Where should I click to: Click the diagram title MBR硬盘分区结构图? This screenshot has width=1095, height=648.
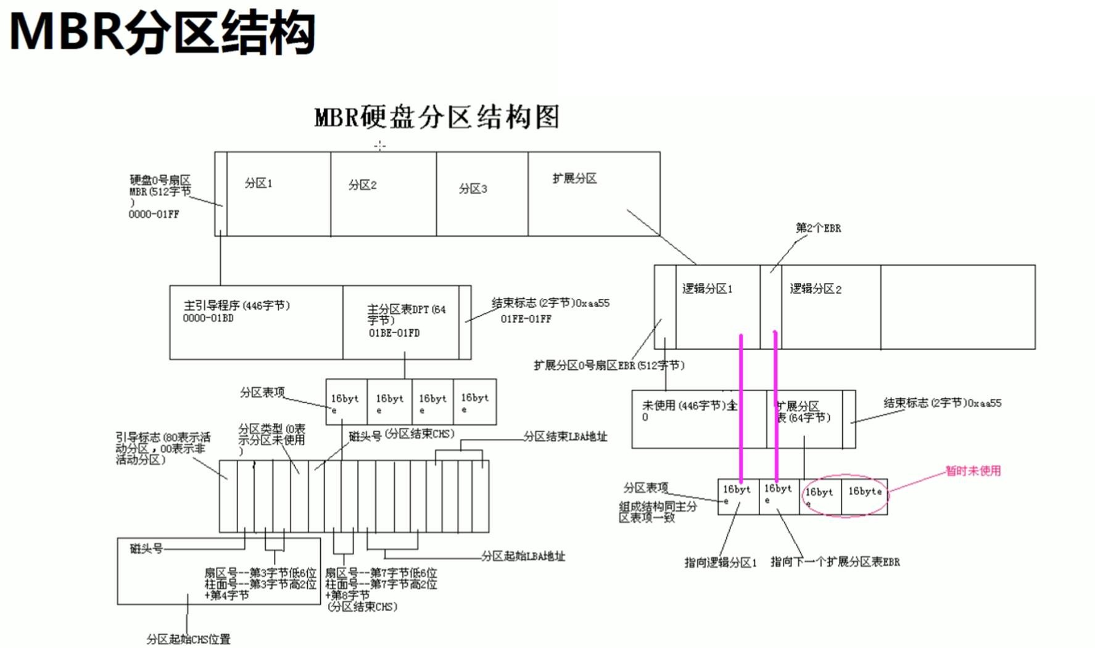[x=437, y=117]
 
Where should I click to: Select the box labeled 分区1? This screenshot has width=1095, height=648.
[x=278, y=194]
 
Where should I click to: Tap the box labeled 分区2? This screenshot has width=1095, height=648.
[x=382, y=194]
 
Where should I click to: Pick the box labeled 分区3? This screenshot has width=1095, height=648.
[x=481, y=194]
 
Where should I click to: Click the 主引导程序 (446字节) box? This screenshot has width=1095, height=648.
[x=255, y=322]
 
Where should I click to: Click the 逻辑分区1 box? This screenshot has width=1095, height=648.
[x=717, y=306]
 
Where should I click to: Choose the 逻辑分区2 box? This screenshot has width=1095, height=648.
[x=830, y=306]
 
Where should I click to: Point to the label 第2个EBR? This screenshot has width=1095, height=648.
[x=818, y=228]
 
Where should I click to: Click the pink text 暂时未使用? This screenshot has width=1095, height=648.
[x=973, y=471]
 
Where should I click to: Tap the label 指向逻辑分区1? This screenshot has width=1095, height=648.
[x=720, y=562]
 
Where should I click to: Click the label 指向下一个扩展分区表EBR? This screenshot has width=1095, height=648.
[x=835, y=562]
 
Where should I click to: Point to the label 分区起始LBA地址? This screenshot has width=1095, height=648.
[x=523, y=556]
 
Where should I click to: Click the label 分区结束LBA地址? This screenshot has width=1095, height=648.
[x=565, y=437]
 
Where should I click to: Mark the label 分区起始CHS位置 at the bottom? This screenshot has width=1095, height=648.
[x=188, y=639]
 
